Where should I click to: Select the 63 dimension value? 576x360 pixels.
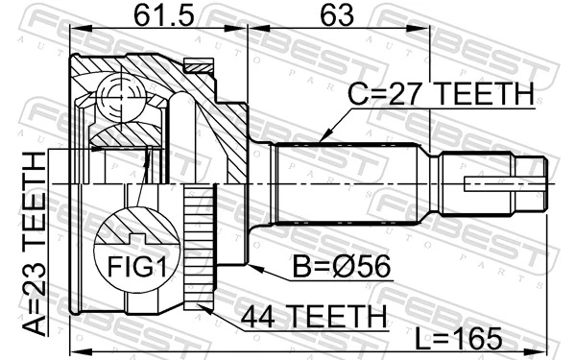coord(337,15)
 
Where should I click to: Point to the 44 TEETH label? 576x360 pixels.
coord(314,314)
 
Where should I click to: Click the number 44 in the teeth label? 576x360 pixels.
coord(259,314)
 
